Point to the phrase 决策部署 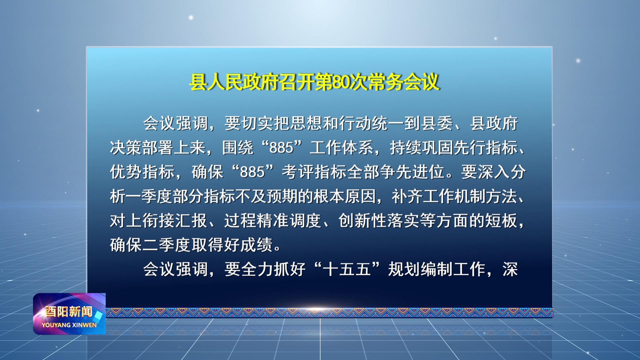(142, 148)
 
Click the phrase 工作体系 (342, 148)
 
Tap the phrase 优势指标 (142, 172)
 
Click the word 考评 (298, 172)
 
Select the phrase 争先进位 (412, 172)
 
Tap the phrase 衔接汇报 (175, 221)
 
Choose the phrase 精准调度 (289, 221)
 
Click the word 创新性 (362, 221)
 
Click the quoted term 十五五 (347, 269)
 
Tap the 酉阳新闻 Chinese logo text (69, 312)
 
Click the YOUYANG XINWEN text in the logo (69, 325)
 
